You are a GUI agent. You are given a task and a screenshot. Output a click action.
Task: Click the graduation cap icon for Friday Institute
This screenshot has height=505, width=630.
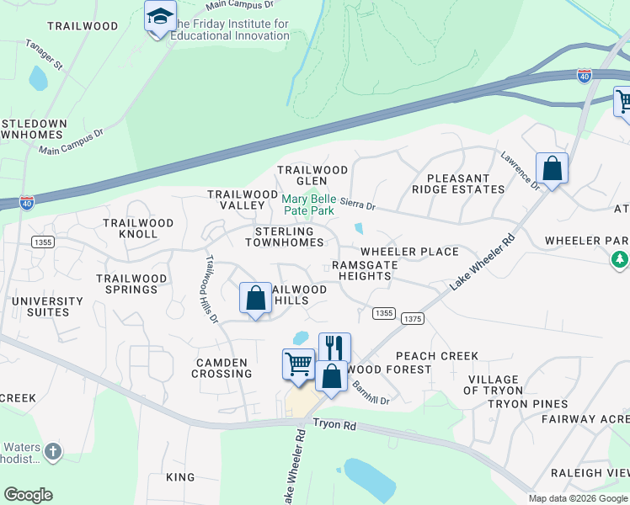(x=160, y=17)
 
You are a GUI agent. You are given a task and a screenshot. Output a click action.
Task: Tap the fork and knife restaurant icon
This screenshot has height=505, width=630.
(x=334, y=347)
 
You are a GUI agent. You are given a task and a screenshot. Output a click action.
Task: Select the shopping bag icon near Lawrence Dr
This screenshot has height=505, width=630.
(x=552, y=168)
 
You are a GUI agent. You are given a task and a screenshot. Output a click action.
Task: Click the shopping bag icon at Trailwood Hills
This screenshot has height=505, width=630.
(x=255, y=298)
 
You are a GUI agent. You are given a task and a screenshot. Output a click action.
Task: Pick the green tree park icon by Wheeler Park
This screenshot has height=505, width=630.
(x=621, y=259)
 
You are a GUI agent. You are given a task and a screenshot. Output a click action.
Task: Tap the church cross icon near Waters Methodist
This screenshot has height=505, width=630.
(x=53, y=452)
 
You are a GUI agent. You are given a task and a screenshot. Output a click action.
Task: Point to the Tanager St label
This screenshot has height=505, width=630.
(x=44, y=54)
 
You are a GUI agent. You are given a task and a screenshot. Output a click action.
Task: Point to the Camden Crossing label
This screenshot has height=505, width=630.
(x=222, y=368)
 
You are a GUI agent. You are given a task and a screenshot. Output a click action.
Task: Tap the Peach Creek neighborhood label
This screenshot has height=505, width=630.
(x=436, y=356)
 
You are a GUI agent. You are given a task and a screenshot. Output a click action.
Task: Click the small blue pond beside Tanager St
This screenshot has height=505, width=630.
(x=38, y=78)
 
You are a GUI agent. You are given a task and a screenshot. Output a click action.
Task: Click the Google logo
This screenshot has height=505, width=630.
(x=28, y=495)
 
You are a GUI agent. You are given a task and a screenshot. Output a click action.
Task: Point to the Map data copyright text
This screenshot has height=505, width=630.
(x=579, y=498)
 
